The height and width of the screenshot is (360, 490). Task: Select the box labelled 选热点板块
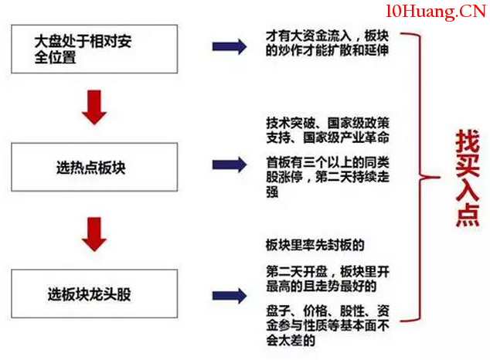pyautogui.click(x=94, y=167)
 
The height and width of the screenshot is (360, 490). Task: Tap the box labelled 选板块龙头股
pyautogui.click(x=94, y=294)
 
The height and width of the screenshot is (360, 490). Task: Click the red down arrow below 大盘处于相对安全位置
pyautogui.click(x=94, y=107)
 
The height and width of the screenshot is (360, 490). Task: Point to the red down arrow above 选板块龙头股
pyautogui.click(x=94, y=234)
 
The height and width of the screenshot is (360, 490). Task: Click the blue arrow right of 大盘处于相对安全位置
pyautogui.click(x=230, y=47)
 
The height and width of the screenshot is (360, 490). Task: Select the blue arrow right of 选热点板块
pyautogui.click(x=230, y=165)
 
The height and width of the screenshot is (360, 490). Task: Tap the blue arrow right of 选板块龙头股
pyautogui.click(x=230, y=296)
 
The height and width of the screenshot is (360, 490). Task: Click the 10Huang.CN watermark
pyautogui.click(x=436, y=12)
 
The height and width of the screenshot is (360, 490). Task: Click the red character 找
pyautogui.click(x=468, y=141)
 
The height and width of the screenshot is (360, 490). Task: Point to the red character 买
pyautogui.click(x=468, y=165)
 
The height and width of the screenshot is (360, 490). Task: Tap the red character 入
pyautogui.click(x=468, y=190)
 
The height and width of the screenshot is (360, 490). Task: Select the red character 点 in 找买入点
pyautogui.click(x=468, y=215)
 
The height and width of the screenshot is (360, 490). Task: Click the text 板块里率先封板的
pyautogui.click(x=315, y=245)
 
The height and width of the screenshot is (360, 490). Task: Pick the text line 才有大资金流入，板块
pyautogui.click(x=327, y=36)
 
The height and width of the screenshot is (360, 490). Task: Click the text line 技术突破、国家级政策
pyautogui.click(x=328, y=123)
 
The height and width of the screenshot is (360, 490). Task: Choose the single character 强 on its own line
pyautogui.click(x=272, y=192)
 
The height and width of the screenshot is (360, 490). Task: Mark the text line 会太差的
pyautogui.click(x=291, y=340)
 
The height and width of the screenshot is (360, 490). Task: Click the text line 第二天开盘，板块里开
pyautogui.click(x=328, y=272)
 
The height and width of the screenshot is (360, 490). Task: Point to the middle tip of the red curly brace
pyautogui.click(x=439, y=178)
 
